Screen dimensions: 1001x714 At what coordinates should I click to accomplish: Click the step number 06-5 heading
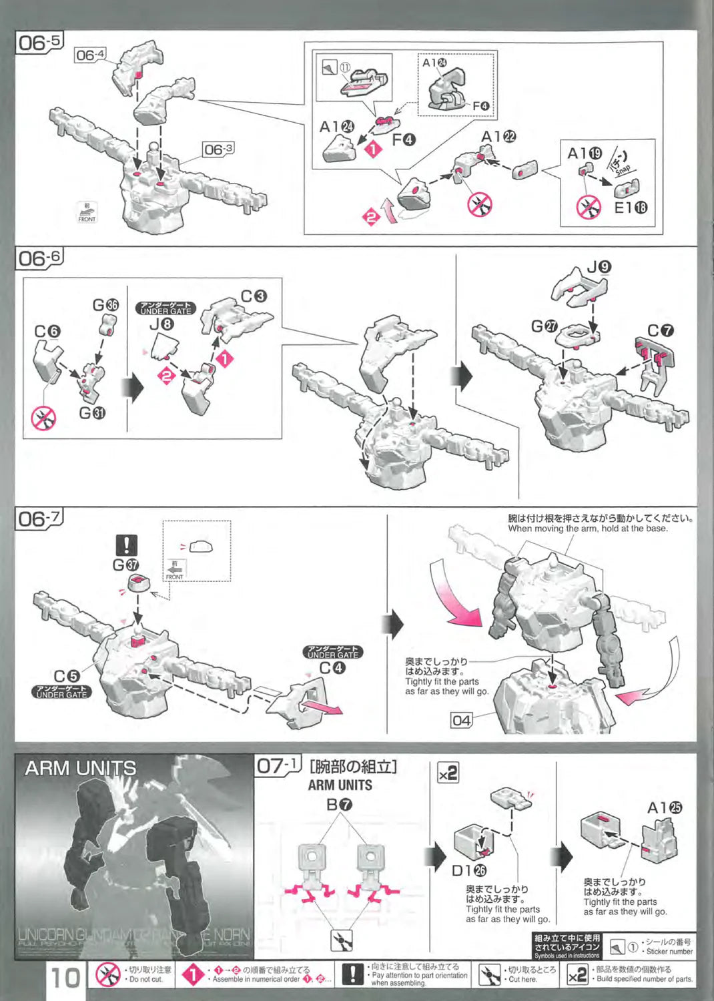pyautogui.click(x=39, y=43)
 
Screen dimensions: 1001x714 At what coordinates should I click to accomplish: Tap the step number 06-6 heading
pyautogui.click(x=39, y=258)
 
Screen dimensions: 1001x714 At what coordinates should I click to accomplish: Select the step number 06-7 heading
pyautogui.click(x=39, y=519)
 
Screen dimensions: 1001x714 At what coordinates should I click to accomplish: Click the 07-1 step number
pyautogui.click(x=278, y=765)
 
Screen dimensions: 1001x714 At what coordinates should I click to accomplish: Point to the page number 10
pyautogui.click(x=65, y=978)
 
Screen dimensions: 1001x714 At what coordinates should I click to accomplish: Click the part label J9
pyautogui.click(x=599, y=268)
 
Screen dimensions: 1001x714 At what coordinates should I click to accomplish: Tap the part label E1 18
pyautogui.click(x=630, y=208)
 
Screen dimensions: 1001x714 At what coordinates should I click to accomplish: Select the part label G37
pyautogui.click(x=125, y=565)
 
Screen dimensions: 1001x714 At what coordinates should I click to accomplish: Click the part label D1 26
pyautogui.click(x=469, y=871)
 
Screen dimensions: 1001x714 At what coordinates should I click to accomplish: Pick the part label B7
pyautogui.click(x=340, y=805)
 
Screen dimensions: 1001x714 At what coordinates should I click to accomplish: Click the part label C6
pyautogui.click(x=47, y=332)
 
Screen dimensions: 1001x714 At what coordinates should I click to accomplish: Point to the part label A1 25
pyautogui.click(x=665, y=808)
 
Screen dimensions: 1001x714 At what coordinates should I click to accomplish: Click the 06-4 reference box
pyautogui.click(x=89, y=55)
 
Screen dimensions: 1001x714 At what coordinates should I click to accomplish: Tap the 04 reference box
pyautogui.click(x=461, y=721)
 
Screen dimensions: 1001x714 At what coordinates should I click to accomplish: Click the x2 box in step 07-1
pyautogui.click(x=448, y=773)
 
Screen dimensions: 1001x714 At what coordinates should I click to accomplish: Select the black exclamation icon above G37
pyautogui.click(x=126, y=545)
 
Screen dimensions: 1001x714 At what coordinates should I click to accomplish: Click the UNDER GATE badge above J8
pyautogui.click(x=165, y=308)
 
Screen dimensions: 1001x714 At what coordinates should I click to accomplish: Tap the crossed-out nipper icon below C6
pyautogui.click(x=44, y=419)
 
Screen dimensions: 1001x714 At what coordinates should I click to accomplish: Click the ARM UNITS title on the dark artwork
pyautogui.click(x=80, y=769)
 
